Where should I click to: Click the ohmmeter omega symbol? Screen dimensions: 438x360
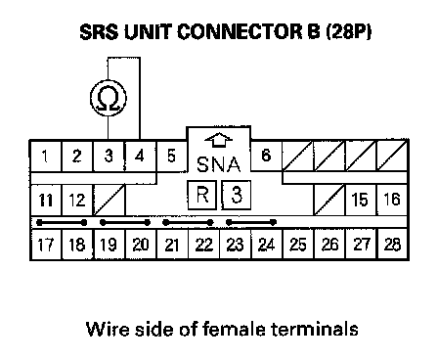(x=109, y=98)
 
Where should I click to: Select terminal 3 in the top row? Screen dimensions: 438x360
(x=109, y=156)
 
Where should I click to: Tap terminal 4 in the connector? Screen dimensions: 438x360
(x=141, y=156)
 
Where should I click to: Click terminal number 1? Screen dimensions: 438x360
(x=45, y=156)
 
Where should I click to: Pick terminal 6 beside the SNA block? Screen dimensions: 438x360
(x=266, y=156)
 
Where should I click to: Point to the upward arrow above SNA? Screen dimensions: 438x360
(x=219, y=140)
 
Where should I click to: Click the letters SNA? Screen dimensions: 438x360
(x=219, y=164)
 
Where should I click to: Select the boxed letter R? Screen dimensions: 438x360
(x=202, y=195)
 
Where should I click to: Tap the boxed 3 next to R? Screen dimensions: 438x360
(x=237, y=195)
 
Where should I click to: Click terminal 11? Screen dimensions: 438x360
(x=46, y=200)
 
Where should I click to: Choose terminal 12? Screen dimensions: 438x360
(x=77, y=200)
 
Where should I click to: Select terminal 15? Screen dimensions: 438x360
(x=360, y=200)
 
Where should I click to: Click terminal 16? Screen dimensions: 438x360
(x=392, y=200)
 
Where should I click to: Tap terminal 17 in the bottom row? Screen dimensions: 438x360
(x=46, y=245)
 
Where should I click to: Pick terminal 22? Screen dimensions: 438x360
(x=203, y=245)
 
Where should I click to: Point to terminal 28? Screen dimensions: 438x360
(x=392, y=245)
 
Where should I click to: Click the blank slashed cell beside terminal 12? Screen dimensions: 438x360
(x=109, y=200)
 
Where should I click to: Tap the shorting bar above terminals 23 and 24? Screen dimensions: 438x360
(x=251, y=223)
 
